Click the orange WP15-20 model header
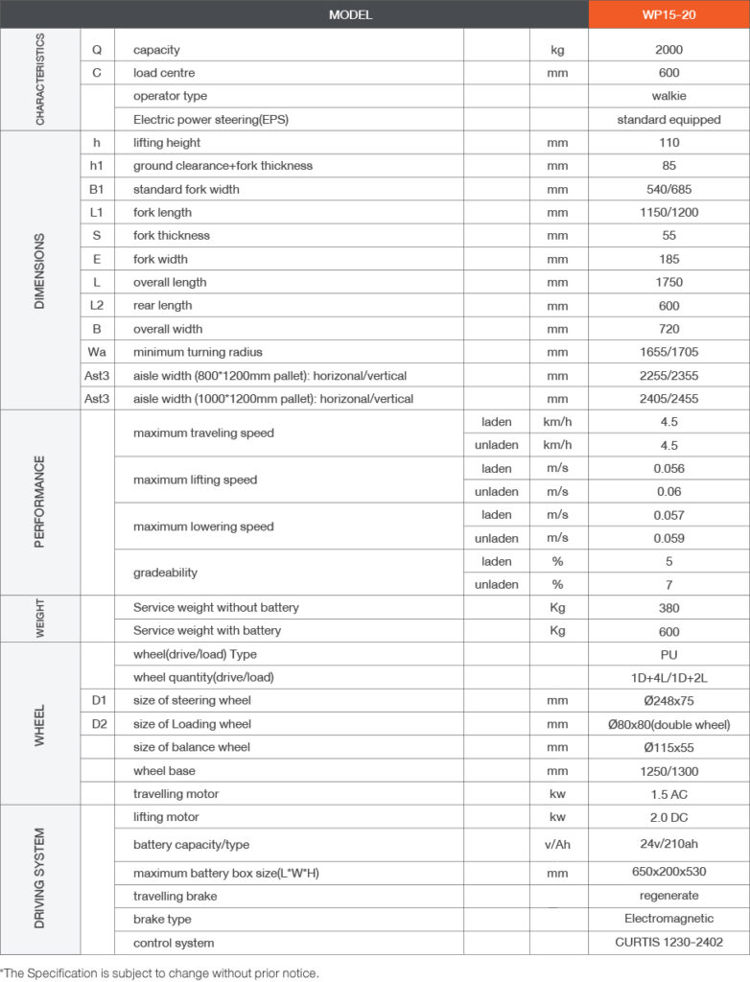coord(668,14)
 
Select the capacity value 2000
coord(668,50)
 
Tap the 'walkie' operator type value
coord(668,96)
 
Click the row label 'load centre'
coord(164,73)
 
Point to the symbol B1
coord(97,189)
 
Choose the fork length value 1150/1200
coord(668,212)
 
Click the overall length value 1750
coord(668,282)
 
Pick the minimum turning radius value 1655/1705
coord(668,352)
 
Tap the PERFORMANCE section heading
coord(39,503)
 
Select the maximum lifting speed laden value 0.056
coord(668,469)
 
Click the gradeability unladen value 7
coord(668,584)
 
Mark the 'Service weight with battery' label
coord(207,631)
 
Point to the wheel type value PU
coord(668,654)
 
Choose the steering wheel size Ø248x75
coord(668,701)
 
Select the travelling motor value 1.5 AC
coord(668,794)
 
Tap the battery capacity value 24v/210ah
coord(668,844)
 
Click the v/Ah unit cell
coord(558,844)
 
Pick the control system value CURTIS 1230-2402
coord(668,943)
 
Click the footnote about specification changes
coord(159,972)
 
